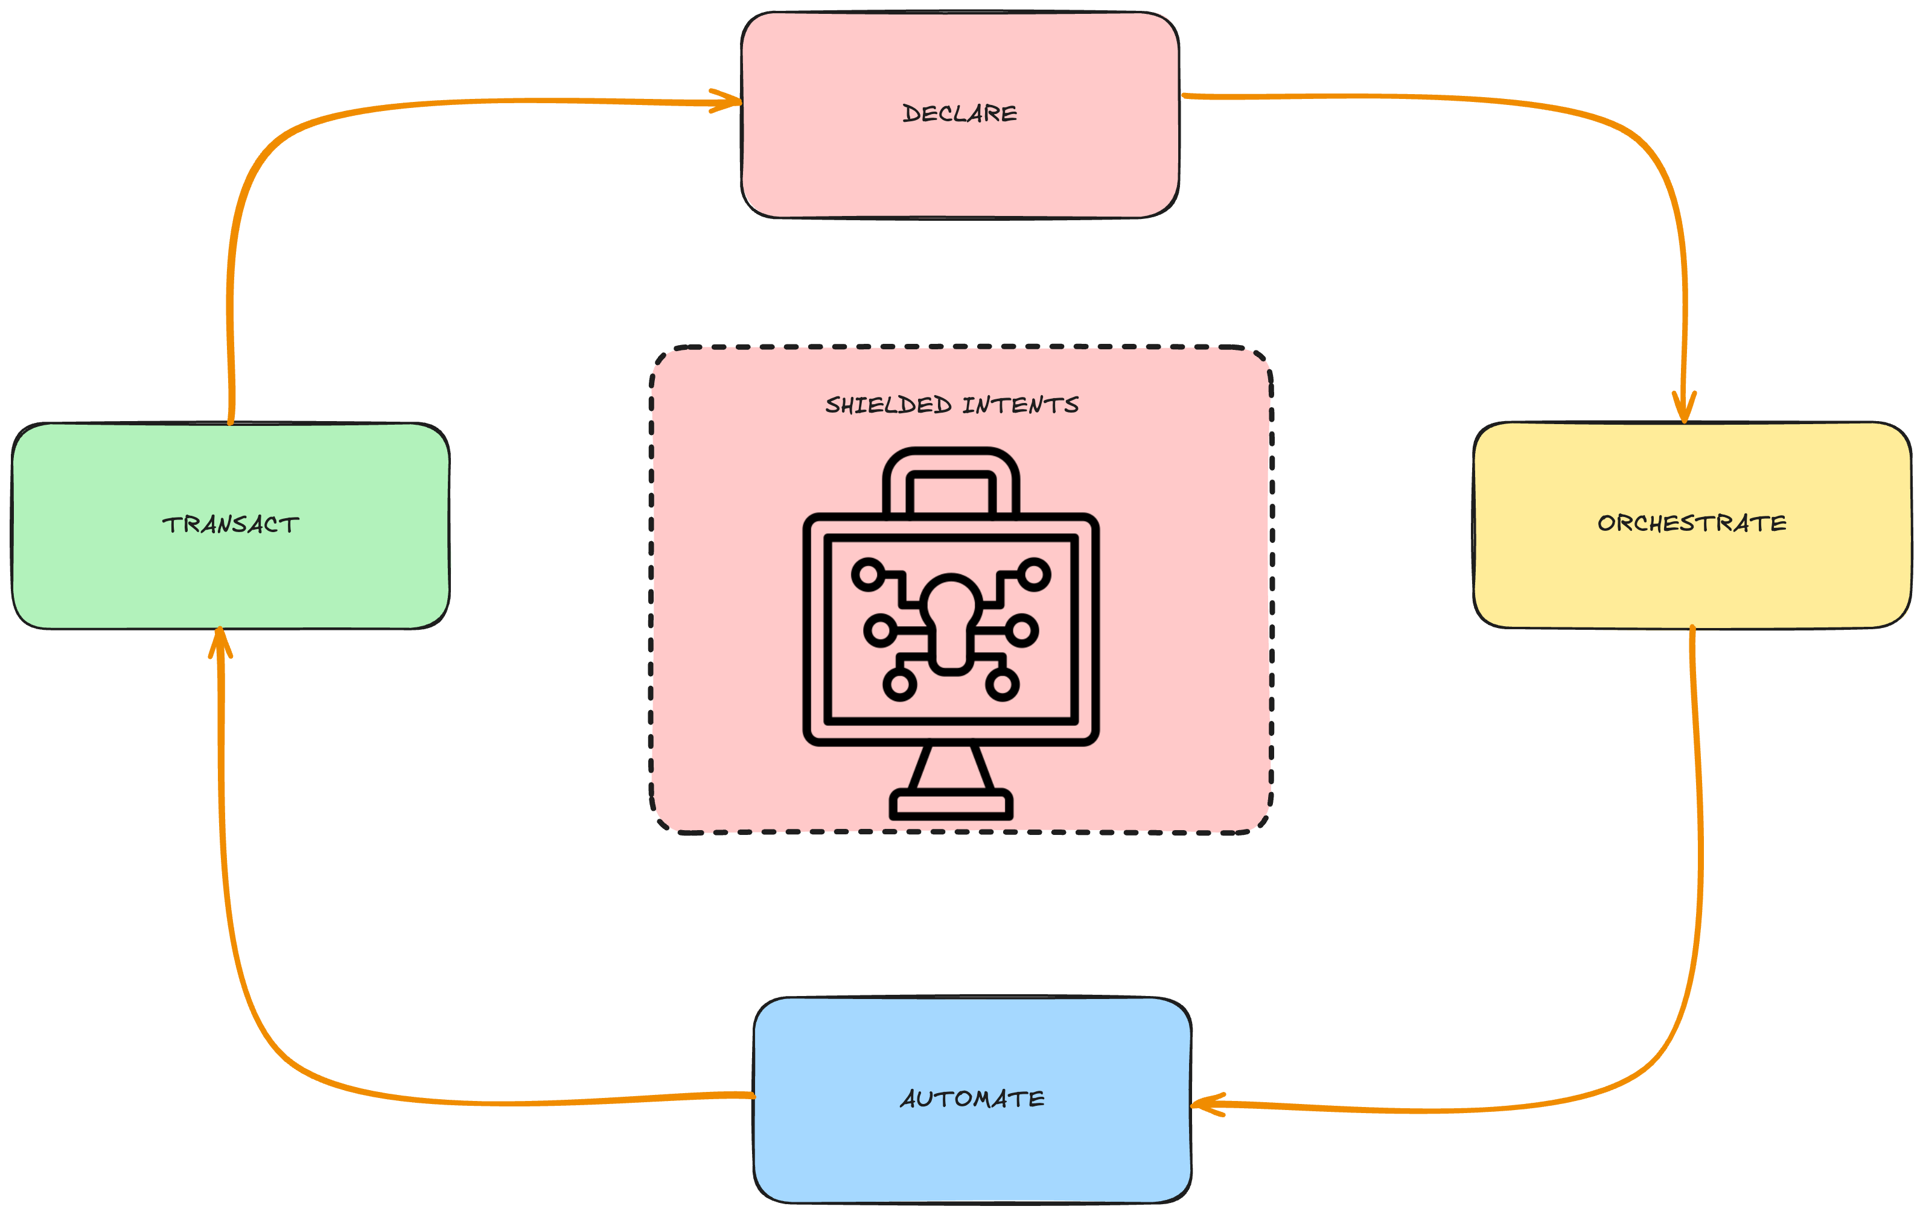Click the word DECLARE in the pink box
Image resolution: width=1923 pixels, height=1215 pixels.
tap(959, 113)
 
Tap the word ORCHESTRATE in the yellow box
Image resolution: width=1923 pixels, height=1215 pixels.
tap(1691, 523)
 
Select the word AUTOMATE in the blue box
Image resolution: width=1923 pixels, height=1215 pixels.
tap(972, 1099)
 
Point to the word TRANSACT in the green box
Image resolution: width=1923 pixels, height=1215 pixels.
tap(231, 524)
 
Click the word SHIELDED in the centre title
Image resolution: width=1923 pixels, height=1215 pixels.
tap(888, 405)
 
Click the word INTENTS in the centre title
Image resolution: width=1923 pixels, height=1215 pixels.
tap(1020, 405)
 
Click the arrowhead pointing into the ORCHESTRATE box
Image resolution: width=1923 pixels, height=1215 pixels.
tap(1684, 409)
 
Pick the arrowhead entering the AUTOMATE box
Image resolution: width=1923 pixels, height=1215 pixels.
tap(1206, 1105)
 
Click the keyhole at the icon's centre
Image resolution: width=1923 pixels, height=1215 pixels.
tap(950, 623)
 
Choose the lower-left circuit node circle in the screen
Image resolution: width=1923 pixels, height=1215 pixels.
tap(900, 684)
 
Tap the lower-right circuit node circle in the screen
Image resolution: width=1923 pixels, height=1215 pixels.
tap(1001, 684)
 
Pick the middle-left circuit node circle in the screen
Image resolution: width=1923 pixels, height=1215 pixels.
tap(881, 630)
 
